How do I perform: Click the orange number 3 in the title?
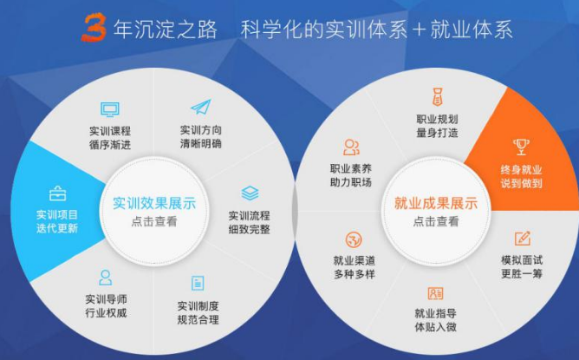pyautogui.click(x=94, y=28)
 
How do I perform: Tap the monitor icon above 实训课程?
pyautogui.click(x=110, y=110)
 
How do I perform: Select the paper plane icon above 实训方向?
pyautogui.click(x=201, y=107)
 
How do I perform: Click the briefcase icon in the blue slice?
pyautogui.click(x=57, y=193)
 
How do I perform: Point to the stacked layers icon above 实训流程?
pyautogui.click(x=250, y=193)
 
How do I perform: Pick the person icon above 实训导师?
pyautogui.click(x=106, y=278)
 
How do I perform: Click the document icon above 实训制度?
pyautogui.click(x=198, y=284)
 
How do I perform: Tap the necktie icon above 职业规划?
pyautogui.click(x=437, y=97)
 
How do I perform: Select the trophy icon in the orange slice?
pyautogui.click(x=521, y=147)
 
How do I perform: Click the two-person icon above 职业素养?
pyautogui.click(x=351, y=147)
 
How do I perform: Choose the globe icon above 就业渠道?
pyautogui.click(x=354, y=240)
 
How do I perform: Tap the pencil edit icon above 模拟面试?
pyautogui.click(x=523, y=239)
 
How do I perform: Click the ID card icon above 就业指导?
pyautogui.click(x=435, y=293)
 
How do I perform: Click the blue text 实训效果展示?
pyautogui.click(x=154, y=203)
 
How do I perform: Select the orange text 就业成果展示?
pyautogui.click(x=436, y=203)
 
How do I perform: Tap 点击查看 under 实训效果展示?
pyautogui.click(x=154, y=221)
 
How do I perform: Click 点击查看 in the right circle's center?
pyautogui.click(x=436, y=221)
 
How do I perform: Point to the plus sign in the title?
pyautogui.click(x=420, y=29)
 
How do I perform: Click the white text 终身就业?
pyautogui.click(x=521, y=170)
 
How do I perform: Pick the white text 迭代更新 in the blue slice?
pyautogui.click(x=57, y=228)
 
